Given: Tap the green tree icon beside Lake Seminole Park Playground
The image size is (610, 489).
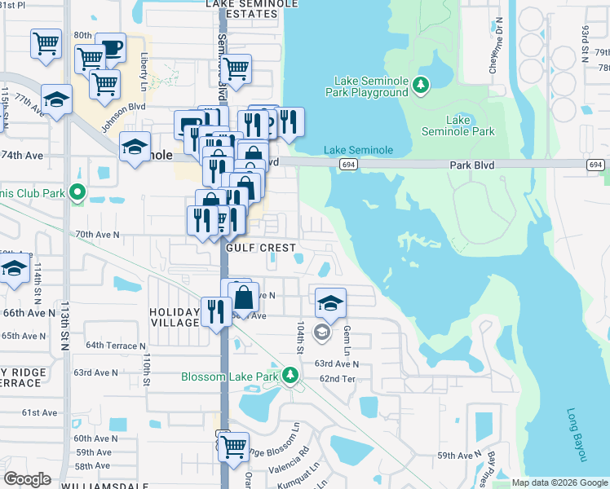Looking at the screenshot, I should [x=421, y=85].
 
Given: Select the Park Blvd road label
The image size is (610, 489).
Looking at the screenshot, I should [x=472, y=164].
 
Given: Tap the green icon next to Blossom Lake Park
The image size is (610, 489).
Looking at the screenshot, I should [x=290, y=375].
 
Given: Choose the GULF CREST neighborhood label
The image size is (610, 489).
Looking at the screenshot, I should [x=260, y=246].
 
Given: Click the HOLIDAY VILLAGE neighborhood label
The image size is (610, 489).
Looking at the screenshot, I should [x=175, y=317].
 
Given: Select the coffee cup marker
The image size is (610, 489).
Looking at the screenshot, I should [x=110, y=47].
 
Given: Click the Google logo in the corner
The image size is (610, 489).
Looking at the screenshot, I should [x=27, y=478].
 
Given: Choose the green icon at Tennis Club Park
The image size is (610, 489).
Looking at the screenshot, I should [x=77, y=193].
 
